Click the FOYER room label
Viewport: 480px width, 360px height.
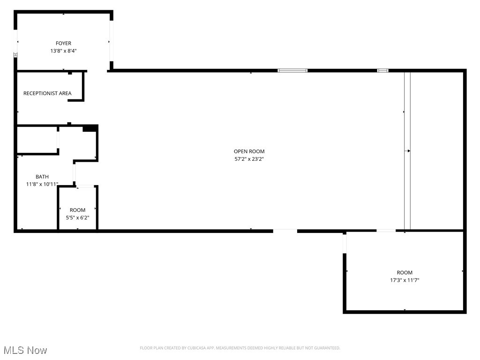[63, 43]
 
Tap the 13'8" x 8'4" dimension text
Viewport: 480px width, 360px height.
[63, 51]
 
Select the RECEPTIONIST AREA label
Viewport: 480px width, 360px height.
[47, 93]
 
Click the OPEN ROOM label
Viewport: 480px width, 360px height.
[249, 151]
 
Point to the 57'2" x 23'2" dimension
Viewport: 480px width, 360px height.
[249, 159]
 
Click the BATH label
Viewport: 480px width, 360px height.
[42, 177]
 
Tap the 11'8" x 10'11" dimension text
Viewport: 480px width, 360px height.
[42, 184]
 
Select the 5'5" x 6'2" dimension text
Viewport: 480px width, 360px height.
[77, 217]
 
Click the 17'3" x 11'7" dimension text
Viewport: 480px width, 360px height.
[405, 280]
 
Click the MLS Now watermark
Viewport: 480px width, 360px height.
[25, 350]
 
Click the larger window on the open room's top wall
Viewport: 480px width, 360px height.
[292, 70]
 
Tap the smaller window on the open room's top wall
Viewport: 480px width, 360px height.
[383, 70]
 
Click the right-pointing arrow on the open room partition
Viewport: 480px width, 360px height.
[408, 151]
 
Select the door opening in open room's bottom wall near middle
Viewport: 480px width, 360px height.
[285, 230]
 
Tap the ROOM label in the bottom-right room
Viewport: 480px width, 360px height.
[405, 272]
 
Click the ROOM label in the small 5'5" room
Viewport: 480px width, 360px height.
[77, 210]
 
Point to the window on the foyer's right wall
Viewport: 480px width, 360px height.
[112, 41]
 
